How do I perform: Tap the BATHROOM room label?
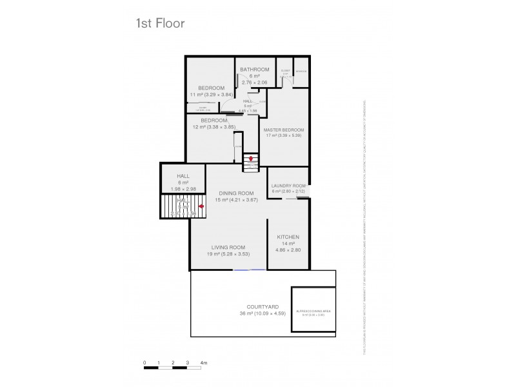click(x=254, y=69)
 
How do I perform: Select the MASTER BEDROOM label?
click(x=284, y=130)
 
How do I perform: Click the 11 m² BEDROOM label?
click(x=211, y=88)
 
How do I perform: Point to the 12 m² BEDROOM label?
click(x=214, y=120)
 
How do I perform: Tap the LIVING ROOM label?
click(x=228, y=247)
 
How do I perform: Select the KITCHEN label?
click(x=288, y=237)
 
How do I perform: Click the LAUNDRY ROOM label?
click(x=288, y=185)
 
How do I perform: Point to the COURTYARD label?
click(x=263, y=307)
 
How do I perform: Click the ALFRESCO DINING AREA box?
click(x=313, y=312)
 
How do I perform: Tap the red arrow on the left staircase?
click(x=201, y=206)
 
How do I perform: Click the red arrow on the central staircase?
click(x=251, y=158)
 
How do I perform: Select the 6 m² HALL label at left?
click(x=172, y=176)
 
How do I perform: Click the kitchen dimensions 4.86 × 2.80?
click(x=288, y=249)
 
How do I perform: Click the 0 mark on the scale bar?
click(x=145, y=364)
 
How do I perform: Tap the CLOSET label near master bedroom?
click(x=285, y=71)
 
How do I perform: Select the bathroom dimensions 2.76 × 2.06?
click(x=254, y=82)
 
